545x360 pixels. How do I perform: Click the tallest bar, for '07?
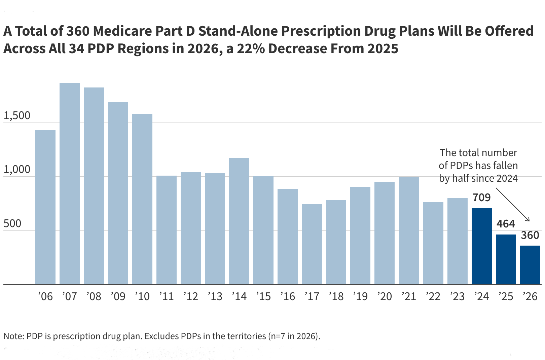click(x=70, y=183)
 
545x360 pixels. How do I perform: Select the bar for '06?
click(x=45, y=207)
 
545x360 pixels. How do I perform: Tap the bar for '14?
click(x=239, y=221)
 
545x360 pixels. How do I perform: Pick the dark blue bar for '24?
click(x=482, y=246)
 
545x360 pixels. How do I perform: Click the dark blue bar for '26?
click(x=530, y=265)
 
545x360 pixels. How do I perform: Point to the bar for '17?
click(x=312, y=244)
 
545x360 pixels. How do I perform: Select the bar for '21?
click(x=409, y=230)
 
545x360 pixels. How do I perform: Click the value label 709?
click(x=482, y=197)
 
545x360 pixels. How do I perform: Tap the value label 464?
click(x=506, y=224)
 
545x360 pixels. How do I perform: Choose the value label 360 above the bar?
click(x=530, y=235)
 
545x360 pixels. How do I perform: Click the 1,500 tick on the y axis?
click(x=17, y=116)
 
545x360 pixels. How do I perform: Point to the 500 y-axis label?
click(x=12, y=224)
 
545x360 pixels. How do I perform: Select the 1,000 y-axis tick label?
click(x=17, y=170)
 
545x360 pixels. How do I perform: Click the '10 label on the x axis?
click(x=142, y=296)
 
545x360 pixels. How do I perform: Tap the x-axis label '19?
click(x=360, y=296)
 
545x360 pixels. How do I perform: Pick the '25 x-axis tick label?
click(x=506, y=296)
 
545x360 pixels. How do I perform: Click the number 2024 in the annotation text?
click(x=505, y=178)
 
